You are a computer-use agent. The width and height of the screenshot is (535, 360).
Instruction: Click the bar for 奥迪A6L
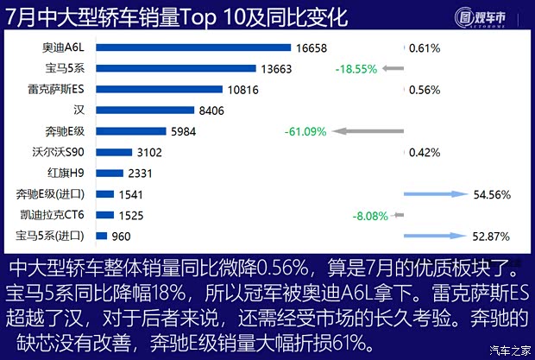coord(193,47)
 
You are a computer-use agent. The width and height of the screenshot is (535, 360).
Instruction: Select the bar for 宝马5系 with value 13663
coord(176,68)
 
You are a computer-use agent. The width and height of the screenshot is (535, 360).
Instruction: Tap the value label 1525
coord(130,215)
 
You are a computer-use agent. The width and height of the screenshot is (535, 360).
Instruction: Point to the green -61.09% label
coord(305,131)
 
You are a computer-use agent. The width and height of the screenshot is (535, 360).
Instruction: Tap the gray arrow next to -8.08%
coord(397,215)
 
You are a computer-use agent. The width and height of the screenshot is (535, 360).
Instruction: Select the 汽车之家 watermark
coord(509,350)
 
